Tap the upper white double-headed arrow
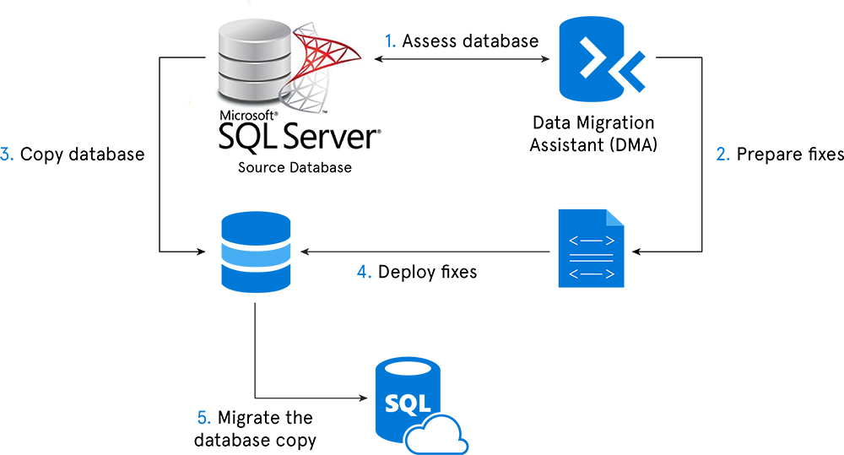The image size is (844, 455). click(x=591, y=241)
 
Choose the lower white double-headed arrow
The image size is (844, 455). click(x=591, y=274)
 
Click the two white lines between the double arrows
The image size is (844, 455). click(x=591, y=257)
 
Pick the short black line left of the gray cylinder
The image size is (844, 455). click(x=196, y=57)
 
